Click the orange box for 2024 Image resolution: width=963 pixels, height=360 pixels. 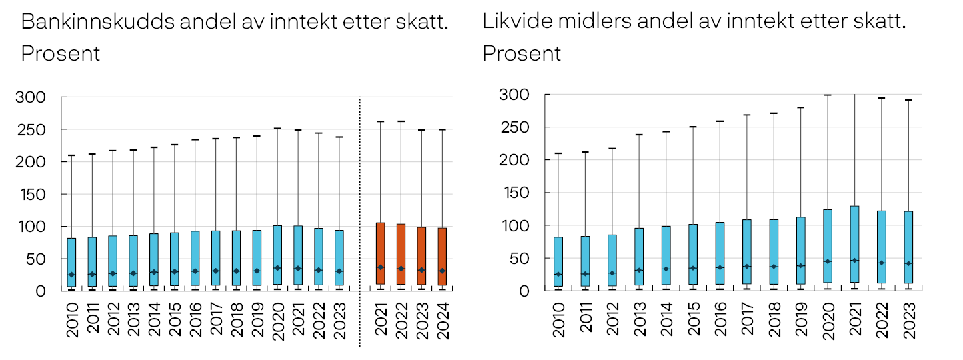coord(441,257)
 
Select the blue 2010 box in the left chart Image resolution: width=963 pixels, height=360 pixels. coord(71,262)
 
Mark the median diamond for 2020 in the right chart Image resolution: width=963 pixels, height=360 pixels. coord(827,261)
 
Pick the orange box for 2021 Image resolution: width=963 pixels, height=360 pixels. coord(380,253)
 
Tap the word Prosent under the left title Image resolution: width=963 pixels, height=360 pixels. coord(61,53)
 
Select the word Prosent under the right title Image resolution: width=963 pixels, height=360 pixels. coord(522,53)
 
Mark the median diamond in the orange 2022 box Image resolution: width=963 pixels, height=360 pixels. coord(401,269)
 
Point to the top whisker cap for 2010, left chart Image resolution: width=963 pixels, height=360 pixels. coord(71,155)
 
